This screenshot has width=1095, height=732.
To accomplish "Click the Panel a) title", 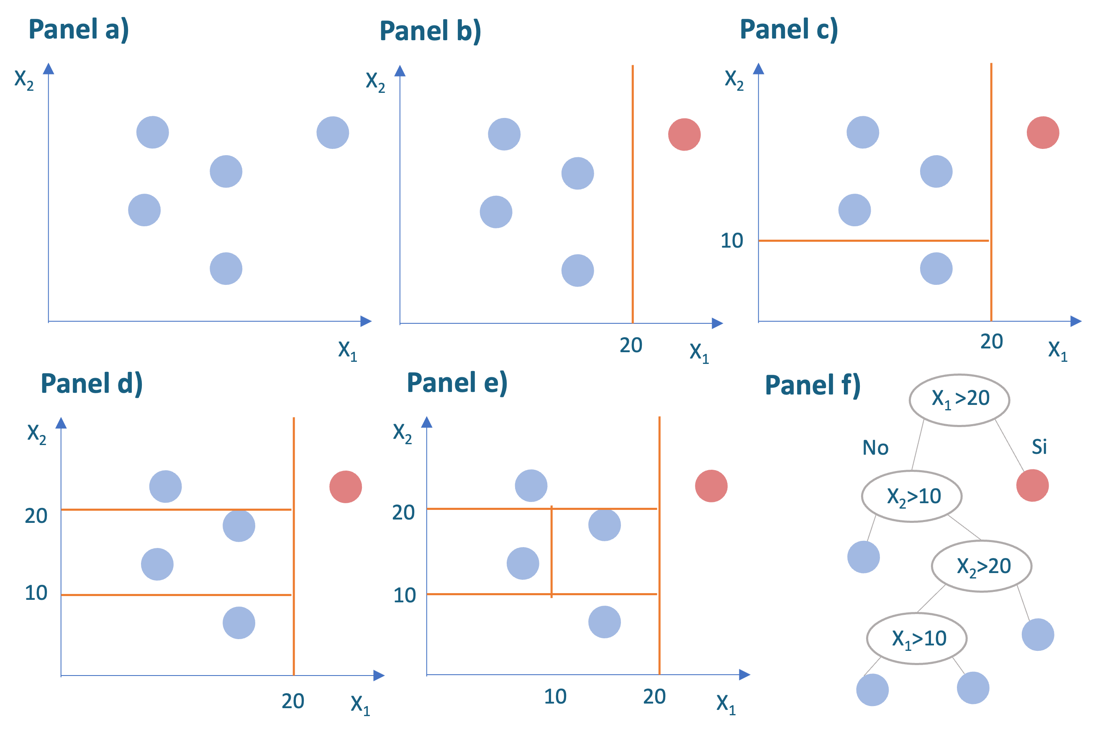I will [x=78, y=30].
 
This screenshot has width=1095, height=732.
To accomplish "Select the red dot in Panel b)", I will [x=684, y=134].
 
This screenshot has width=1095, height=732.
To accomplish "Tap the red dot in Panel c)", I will [x=1043, y=133].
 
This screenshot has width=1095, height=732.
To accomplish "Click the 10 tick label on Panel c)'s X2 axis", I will [x=732, y=241].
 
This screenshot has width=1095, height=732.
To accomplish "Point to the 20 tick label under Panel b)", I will [x=631, y=346].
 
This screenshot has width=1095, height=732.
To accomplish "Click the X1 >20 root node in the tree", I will [x=959, y=399].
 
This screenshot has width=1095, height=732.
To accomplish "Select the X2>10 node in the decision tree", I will [x=911, y=496].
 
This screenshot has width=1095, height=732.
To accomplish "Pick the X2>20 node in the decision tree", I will [x=982, y=566].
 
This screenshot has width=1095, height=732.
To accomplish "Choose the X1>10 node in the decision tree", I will [x=917, y=638].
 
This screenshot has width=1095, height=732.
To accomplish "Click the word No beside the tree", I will [x=875, y=448].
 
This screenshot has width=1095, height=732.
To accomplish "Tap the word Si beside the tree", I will [x=1039, y=447].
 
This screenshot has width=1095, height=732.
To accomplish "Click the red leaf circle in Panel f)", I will [x=1032, y=486].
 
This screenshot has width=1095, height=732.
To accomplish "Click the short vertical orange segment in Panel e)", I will [x=551, y=551].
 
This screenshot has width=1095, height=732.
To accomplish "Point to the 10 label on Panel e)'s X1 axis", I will [x=555, y=696].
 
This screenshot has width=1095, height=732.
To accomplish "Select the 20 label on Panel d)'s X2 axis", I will [x=36, y=516].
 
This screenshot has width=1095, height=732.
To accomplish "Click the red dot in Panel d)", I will [x=346, y=486].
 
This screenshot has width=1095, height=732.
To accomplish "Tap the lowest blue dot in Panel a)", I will [x=226, y=269].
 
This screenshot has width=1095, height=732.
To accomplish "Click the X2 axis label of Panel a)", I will [x=24, y=80].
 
